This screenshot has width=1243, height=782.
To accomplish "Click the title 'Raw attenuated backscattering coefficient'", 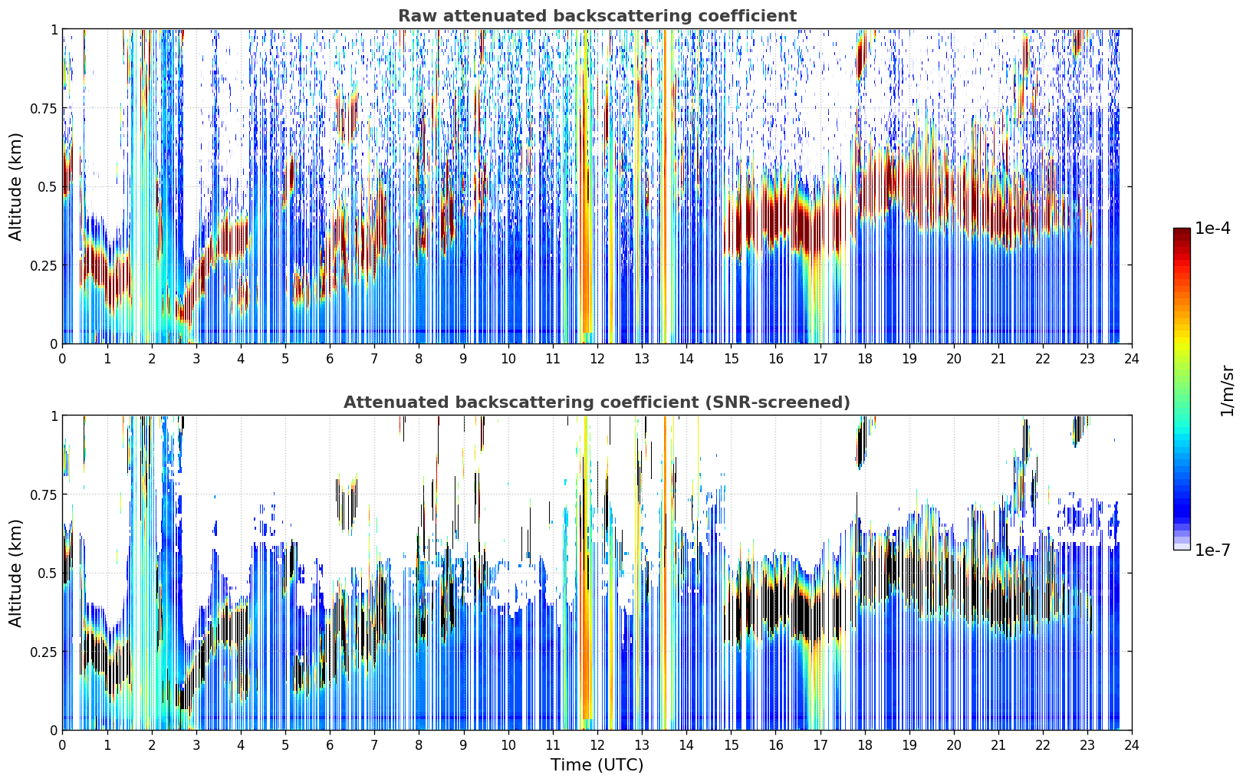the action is tap(597, 16).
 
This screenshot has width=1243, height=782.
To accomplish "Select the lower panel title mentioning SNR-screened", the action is tap(597, 402).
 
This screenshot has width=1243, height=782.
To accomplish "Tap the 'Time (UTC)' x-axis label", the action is tap(597, 765).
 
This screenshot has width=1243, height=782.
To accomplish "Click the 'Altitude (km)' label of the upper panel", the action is tap(15, 187).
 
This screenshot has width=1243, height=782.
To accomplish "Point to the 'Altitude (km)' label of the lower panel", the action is tap(15, 573).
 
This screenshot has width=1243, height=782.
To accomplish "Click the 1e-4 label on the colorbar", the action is tap(1212, 228).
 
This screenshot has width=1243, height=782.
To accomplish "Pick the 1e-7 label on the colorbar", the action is tap(1212, 550).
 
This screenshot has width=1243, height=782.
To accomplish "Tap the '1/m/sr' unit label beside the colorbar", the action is tap(1227, 390).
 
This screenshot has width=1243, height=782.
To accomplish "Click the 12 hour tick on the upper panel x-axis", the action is tap(597, 358).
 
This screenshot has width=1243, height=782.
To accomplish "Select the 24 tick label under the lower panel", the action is tap(1132, 745).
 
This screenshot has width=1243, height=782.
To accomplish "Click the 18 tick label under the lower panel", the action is tap(864, 745).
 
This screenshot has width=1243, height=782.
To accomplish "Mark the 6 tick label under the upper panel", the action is tap(330, 358).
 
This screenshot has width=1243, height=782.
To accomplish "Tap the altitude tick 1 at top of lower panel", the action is tap(54, 416).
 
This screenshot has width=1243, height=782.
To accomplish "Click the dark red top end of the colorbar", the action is tap(1182, 231).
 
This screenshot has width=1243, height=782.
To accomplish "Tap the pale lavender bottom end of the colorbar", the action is tap(1182, 547).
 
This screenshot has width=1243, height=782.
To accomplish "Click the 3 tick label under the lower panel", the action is tap(196, 745).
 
